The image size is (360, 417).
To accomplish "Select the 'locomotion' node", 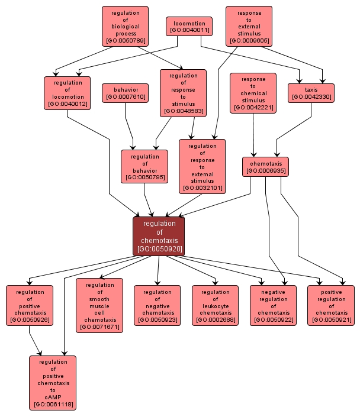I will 189,26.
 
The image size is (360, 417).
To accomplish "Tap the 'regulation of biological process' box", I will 125,27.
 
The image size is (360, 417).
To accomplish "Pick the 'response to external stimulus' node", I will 249,27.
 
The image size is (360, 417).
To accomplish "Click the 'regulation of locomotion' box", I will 67,93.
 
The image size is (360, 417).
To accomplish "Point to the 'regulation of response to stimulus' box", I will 183,92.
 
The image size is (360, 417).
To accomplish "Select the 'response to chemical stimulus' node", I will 253,93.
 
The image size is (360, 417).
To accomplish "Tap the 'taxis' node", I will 311,93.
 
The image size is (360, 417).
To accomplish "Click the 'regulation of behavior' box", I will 144,166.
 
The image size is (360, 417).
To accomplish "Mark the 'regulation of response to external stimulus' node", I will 202,166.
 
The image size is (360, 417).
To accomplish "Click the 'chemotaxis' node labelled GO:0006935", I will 265,167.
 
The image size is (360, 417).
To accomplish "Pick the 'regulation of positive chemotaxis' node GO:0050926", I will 30,305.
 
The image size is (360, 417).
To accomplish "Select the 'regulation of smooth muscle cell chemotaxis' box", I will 99,305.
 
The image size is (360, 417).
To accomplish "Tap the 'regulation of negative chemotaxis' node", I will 157,305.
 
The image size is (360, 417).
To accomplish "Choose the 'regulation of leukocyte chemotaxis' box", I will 215,305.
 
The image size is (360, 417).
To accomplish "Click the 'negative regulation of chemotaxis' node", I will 273,305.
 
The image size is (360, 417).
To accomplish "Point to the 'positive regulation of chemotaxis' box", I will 330,305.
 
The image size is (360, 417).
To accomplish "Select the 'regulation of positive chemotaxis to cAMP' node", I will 53,383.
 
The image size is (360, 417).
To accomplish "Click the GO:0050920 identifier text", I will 159,249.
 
